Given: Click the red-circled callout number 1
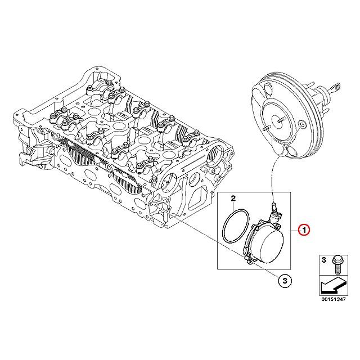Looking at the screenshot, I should tap(302, 229).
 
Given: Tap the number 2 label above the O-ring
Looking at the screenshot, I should tap(232, 198).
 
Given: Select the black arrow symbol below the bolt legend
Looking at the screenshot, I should tap(331, 287).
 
